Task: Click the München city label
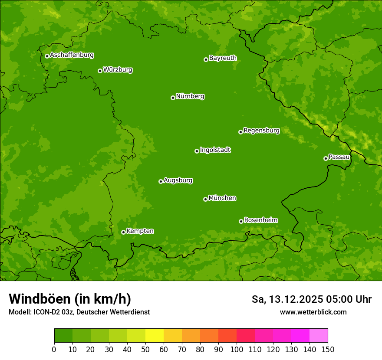[x=222, y=198]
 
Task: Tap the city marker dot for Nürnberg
[x=173, y=98]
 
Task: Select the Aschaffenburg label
[x=72, y=55]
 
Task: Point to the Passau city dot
[x=326, y=158]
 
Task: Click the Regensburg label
[x=261, y=131]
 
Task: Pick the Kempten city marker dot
[x=123, y=232]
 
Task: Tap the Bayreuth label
[x=223, y=58]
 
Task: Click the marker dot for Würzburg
[x=100, y=71]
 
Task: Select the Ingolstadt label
[x=215, y=150]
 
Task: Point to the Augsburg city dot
[x=161, y=181]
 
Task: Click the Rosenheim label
[x=260, y=220]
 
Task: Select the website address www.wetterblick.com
[x=313, y=312]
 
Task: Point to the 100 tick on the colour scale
[x=237, y=349]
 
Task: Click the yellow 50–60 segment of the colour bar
[x=155, y=336]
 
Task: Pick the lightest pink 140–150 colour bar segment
[x=319, y=336]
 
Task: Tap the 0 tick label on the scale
[x=54, y=349]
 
